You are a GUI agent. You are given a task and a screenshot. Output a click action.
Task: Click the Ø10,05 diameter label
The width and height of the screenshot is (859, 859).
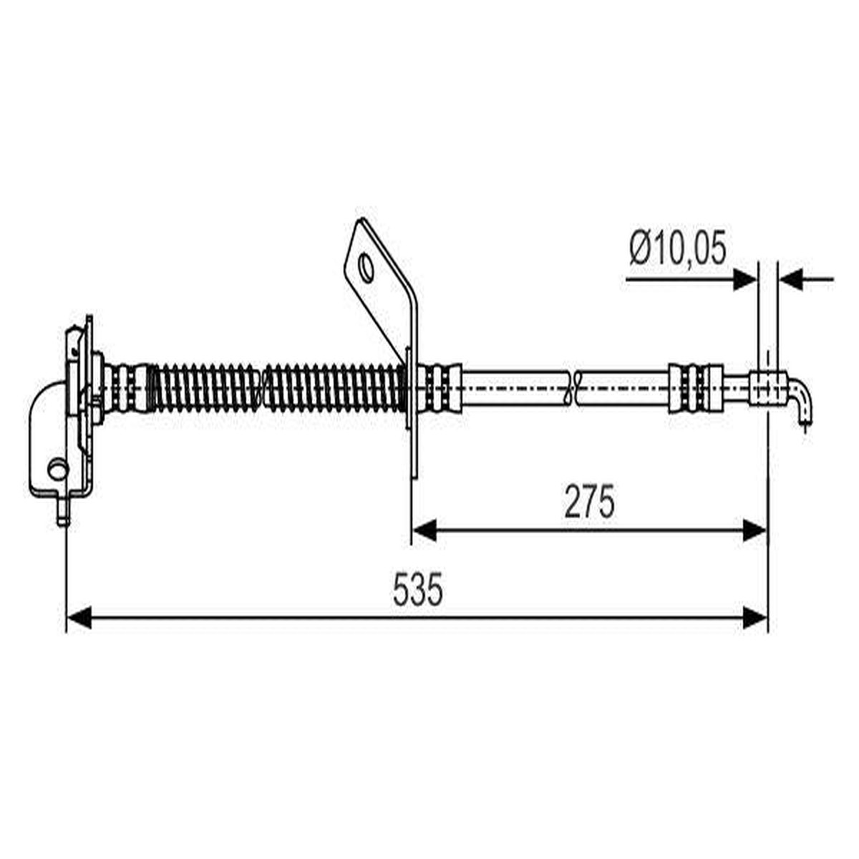(678, 248)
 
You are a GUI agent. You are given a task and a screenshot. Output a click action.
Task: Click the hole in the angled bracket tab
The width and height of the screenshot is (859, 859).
(367, 268)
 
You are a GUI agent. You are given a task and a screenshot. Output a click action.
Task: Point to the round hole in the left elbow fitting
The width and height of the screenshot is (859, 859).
(58, 469)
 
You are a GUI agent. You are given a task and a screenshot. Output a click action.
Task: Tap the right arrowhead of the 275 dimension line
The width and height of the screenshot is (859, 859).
(755, 530)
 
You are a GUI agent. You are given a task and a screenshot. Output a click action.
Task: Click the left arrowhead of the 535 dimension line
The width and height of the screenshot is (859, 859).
(79, 617)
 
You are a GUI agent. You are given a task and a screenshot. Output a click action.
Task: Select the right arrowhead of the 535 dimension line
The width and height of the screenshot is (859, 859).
(755, 617)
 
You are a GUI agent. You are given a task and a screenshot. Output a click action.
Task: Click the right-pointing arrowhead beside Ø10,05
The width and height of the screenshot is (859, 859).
(745, 279)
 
